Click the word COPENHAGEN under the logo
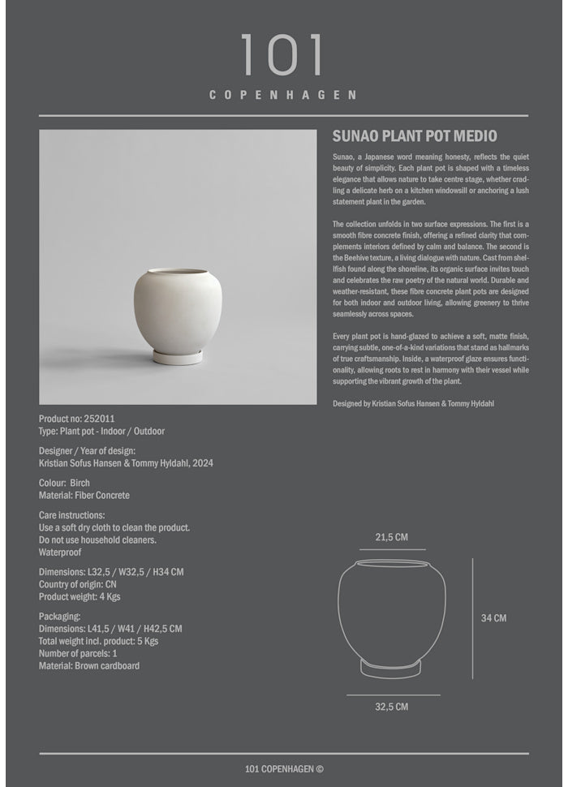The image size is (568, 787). [283, 95]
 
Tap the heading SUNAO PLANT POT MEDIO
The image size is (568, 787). [415, 136]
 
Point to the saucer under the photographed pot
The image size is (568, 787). [179, 356]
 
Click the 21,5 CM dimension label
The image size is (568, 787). [391, 537]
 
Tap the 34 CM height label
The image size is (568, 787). [493, 618]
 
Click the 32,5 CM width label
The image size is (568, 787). [391, 707]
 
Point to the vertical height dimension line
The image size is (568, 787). [472, 618]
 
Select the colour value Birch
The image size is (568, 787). [85, 483]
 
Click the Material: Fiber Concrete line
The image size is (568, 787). [84, 495]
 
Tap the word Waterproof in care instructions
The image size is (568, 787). [60, 552]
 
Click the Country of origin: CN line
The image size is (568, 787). [78, 584]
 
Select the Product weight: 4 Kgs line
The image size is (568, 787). [80, 596]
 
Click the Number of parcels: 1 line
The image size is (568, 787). [78, 653]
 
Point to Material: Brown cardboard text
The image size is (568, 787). [89, 665]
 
